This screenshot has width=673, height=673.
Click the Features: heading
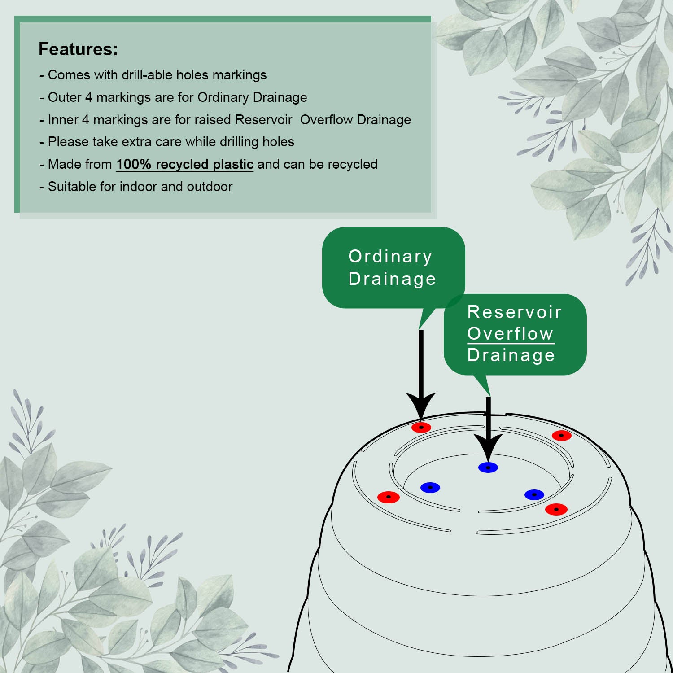(78, 49)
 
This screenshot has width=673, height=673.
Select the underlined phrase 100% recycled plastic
(185, 164)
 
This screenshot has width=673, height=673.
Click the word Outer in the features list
(65, 97)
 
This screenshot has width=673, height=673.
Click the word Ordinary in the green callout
(390, 257)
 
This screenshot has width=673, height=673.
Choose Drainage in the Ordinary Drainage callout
(392, 279)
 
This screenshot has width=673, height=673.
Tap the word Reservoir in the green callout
(514, 312)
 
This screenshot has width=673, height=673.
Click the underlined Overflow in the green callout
(510, 333)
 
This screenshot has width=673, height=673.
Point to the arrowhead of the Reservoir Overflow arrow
(488, 447)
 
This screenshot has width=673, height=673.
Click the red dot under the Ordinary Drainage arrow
(421, 428)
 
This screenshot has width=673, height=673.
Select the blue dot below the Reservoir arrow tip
(488, 468)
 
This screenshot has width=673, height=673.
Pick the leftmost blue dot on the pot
(430, 488)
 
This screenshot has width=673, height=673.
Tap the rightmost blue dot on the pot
(534, 495)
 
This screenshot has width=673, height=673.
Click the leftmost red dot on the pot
(389, 497)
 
